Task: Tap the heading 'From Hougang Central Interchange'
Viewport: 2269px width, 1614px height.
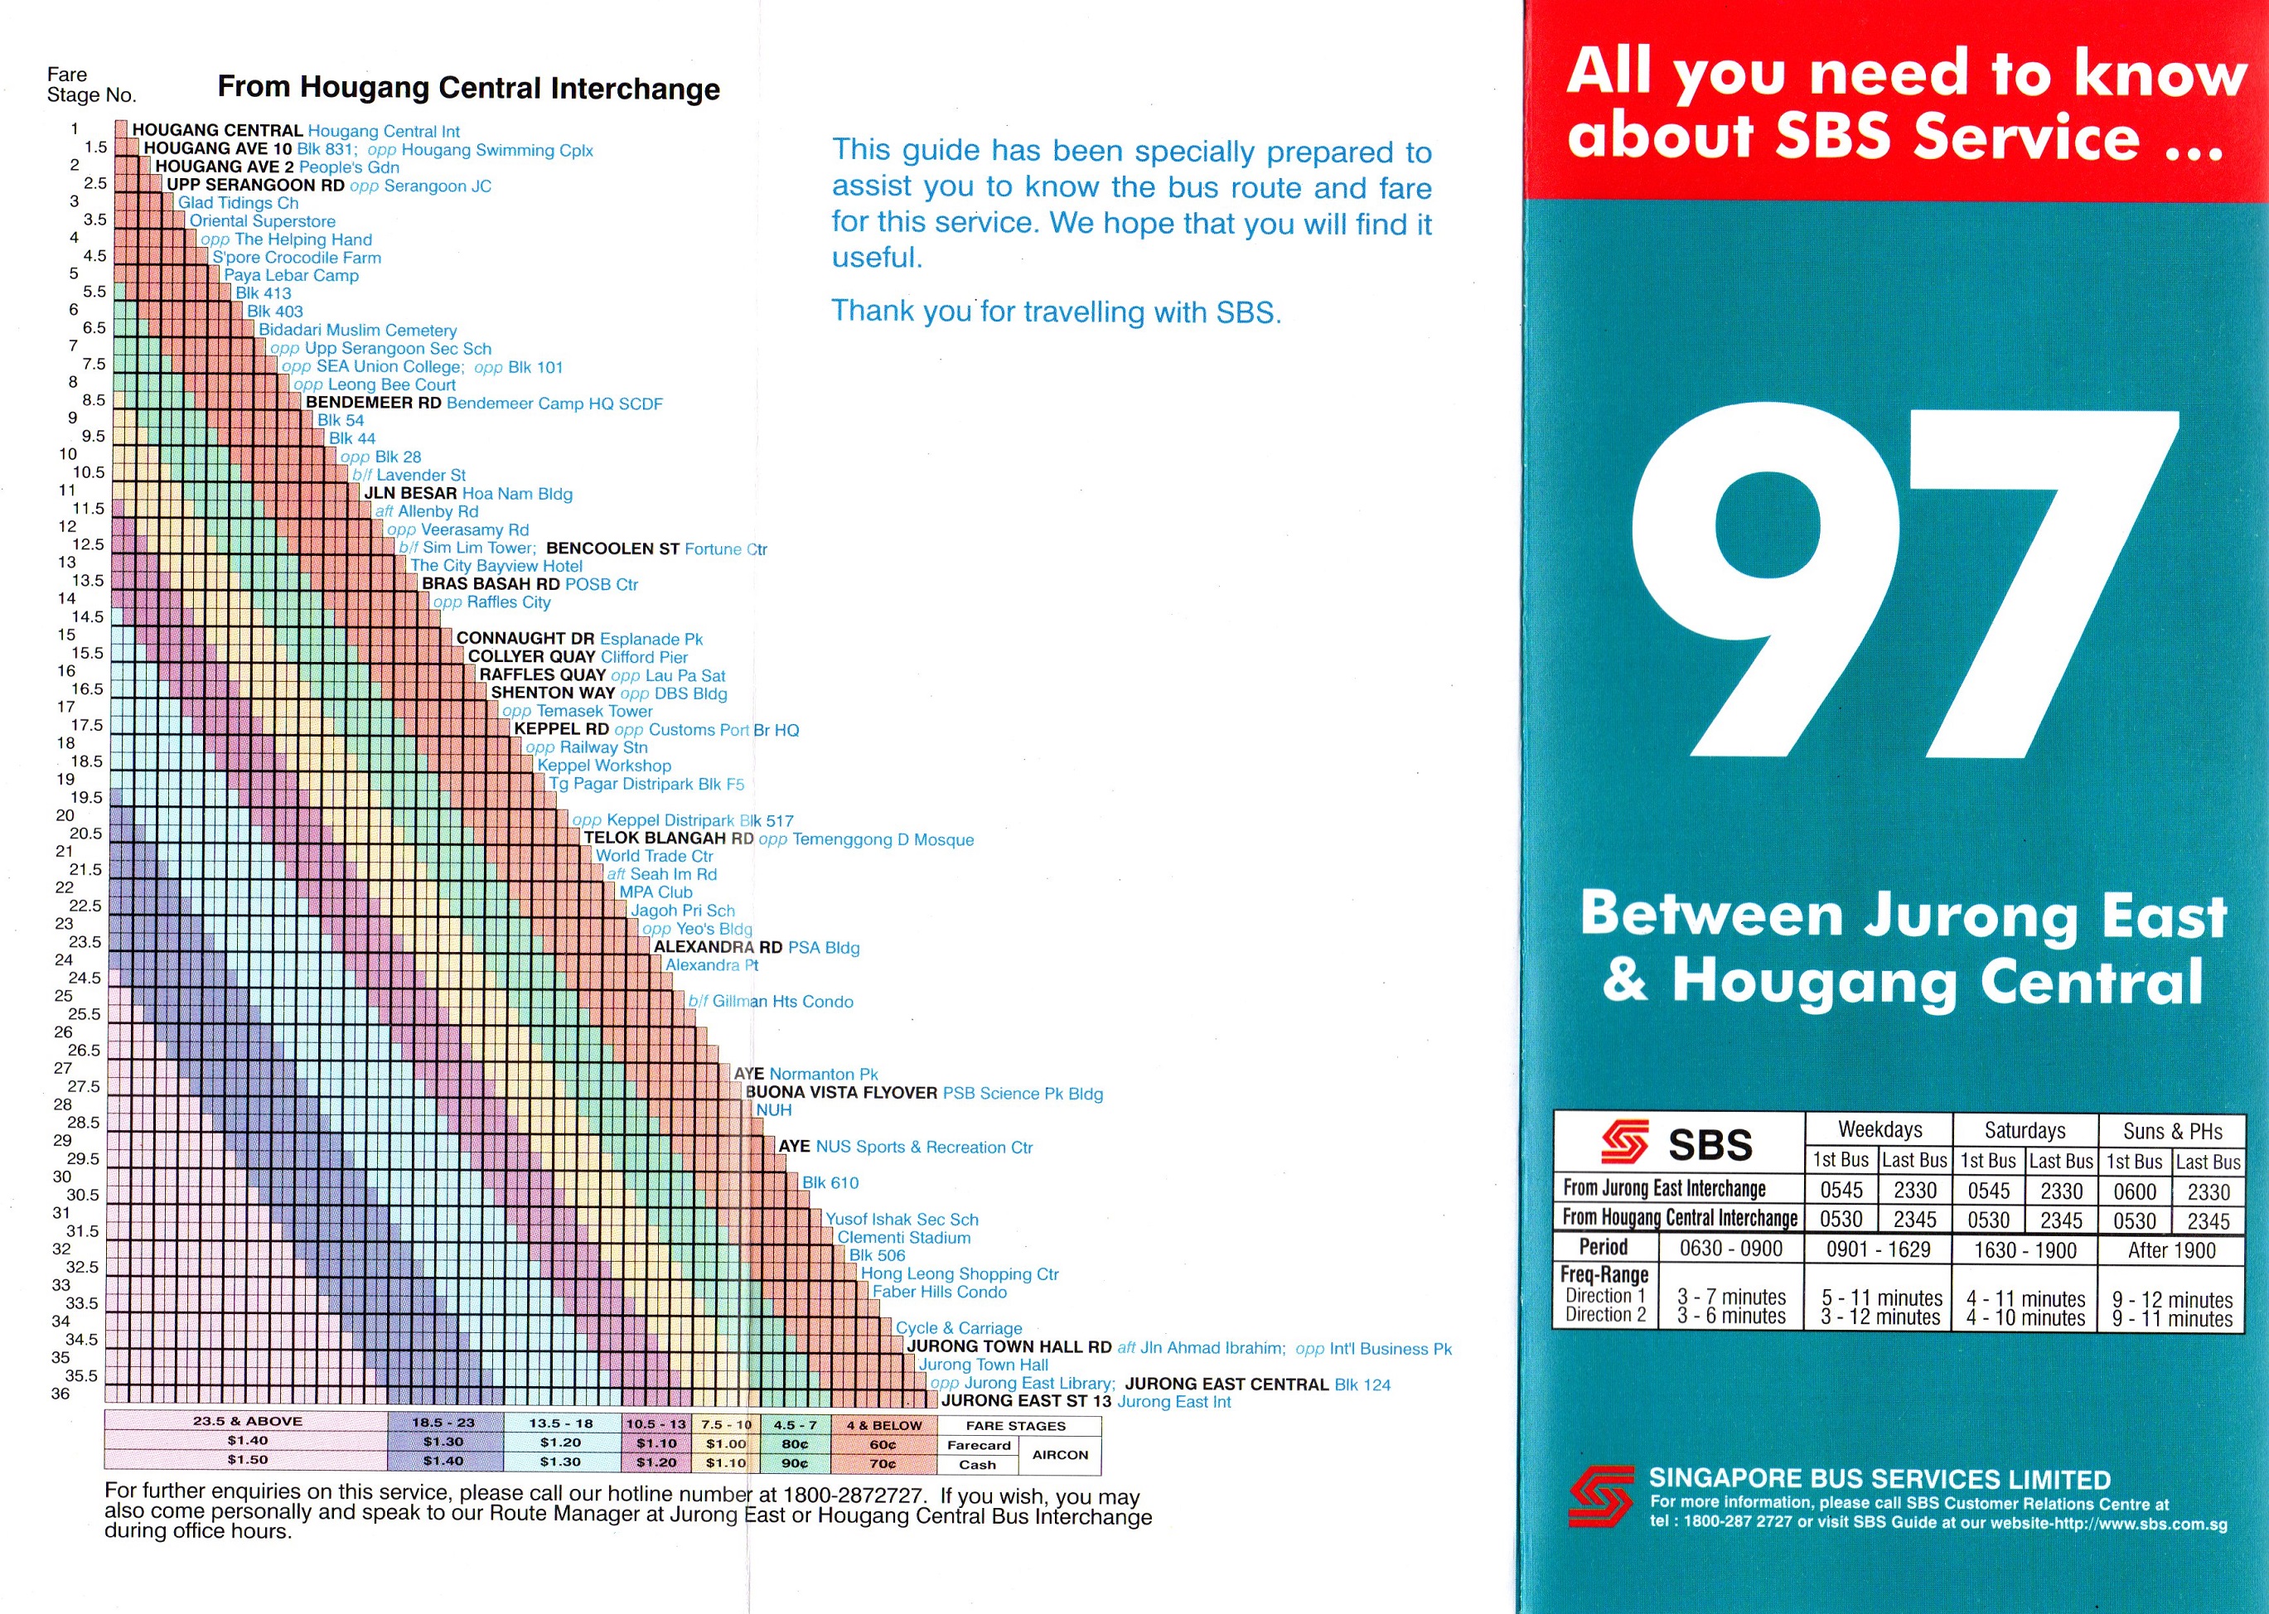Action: (468, 89)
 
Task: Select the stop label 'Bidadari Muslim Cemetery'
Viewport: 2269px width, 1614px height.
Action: (358, 330)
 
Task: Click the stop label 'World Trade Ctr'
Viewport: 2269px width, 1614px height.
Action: (654, 856)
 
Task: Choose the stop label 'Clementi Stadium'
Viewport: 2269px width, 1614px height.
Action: (903, 1237)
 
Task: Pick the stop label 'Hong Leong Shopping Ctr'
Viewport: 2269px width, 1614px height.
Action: (959, 1274)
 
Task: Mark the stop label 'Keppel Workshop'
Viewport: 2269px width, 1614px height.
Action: (604, 766)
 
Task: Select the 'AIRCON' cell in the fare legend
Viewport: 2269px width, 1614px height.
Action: (1059, 1455)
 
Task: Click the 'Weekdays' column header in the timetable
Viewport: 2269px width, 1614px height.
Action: (1880, 1130)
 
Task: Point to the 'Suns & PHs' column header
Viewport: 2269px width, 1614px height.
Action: (2173, 1131)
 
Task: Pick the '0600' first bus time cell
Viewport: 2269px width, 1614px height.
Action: (2134, 1191)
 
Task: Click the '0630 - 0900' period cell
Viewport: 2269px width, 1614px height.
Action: (1730, 1249)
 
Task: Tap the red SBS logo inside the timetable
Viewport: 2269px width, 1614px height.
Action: (1624, 1142)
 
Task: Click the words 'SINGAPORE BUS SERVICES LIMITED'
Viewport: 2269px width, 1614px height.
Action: (1880, 1479)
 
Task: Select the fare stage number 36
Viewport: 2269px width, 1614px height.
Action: (60, 1394)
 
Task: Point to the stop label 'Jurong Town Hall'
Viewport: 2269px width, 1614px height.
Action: (982, 1365)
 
